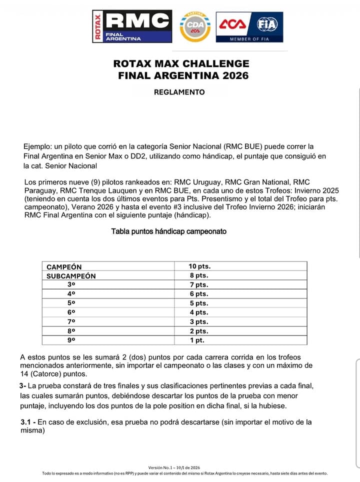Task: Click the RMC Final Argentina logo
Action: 132,26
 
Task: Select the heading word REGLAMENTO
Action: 179,92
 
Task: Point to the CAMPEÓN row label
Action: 64,266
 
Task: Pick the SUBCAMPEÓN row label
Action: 71,275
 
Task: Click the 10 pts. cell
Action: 199,266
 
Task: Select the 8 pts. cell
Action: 198,275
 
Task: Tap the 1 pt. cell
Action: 197,340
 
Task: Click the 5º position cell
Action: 71,303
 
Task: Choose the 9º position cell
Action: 71,340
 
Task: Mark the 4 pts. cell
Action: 198,312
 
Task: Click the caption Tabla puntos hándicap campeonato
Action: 169,231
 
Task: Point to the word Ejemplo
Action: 38,146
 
